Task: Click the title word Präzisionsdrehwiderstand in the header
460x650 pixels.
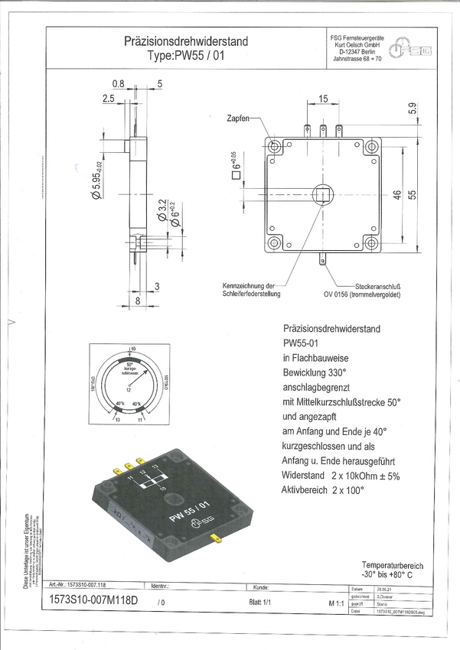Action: pos(185,41)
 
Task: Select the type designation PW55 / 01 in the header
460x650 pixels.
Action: pos(186,56)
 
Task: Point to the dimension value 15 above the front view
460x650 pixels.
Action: pos(323,99)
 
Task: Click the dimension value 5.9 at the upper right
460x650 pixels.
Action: pos(413,109)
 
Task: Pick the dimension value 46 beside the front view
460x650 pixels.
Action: pos(396,195)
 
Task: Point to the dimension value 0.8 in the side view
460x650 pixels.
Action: pos(119,83)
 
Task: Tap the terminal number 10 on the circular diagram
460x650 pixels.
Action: pos(132,348)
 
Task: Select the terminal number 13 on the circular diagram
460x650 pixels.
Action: pos(116,420)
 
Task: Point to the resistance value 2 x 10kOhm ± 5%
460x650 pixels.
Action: pos(364,475)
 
